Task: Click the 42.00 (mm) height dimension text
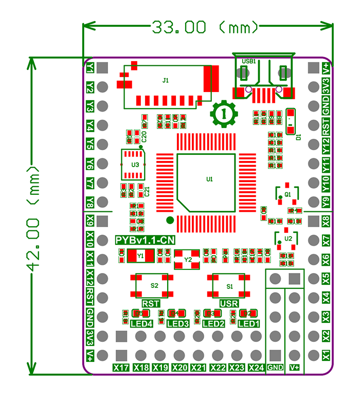click(34, 216)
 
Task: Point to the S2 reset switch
click(154, 284)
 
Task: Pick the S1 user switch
click(230, 285)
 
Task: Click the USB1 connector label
click(249, 61)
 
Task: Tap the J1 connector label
click(165, 80)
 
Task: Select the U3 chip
click(135, 165)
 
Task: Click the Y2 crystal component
click(187, 260)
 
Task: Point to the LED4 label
click(141, 323)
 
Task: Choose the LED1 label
click(248, 323)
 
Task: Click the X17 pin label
click(121, 368)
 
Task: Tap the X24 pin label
click(256, 368)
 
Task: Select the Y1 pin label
click(90, 68)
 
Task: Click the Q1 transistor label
click(287, 194)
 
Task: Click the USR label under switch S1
click(229, 303)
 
